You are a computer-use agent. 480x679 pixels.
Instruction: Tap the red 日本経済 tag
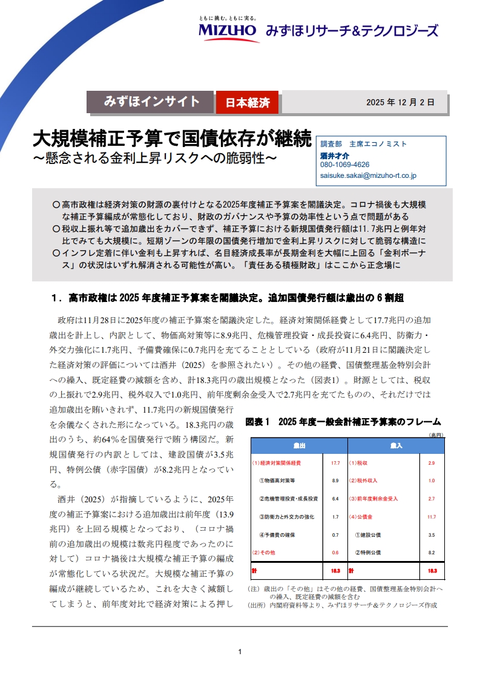pyautogui.click(x=247, y=103)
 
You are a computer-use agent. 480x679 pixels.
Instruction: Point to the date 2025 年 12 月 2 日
pyautogui.click(x=400, y=102)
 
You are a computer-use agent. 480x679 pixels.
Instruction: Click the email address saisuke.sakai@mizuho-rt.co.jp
pyautogui.click(x=367, y=175)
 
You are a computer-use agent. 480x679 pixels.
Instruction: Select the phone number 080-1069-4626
pyautogui.click(x=344, y=165)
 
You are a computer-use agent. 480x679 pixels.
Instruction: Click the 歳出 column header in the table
pyautogui.click(x=299, y=445)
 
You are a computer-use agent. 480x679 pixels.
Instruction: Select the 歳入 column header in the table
pyautogui.click(x=396, y=445)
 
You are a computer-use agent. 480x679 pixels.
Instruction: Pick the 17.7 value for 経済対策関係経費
pyautogui.click(x=335, y=463)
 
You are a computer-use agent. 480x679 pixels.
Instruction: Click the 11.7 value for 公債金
pyautogui.click(x=432, y=517)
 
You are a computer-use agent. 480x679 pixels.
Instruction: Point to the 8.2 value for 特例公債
pyautogui.click(x=432, y=553)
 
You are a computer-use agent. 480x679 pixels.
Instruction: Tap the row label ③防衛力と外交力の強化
pyautogui.click(x=286, y=517)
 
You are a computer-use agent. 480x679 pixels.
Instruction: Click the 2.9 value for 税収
pyautogui.click(x=432, y=463)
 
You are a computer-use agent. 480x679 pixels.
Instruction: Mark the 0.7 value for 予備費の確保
pyautogui.click(x=335, y=535)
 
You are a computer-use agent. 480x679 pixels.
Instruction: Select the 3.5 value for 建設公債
pyautogui.click(x=432, y=535)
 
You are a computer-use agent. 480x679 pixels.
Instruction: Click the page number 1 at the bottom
pyautogui.click(x=240, y=652)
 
